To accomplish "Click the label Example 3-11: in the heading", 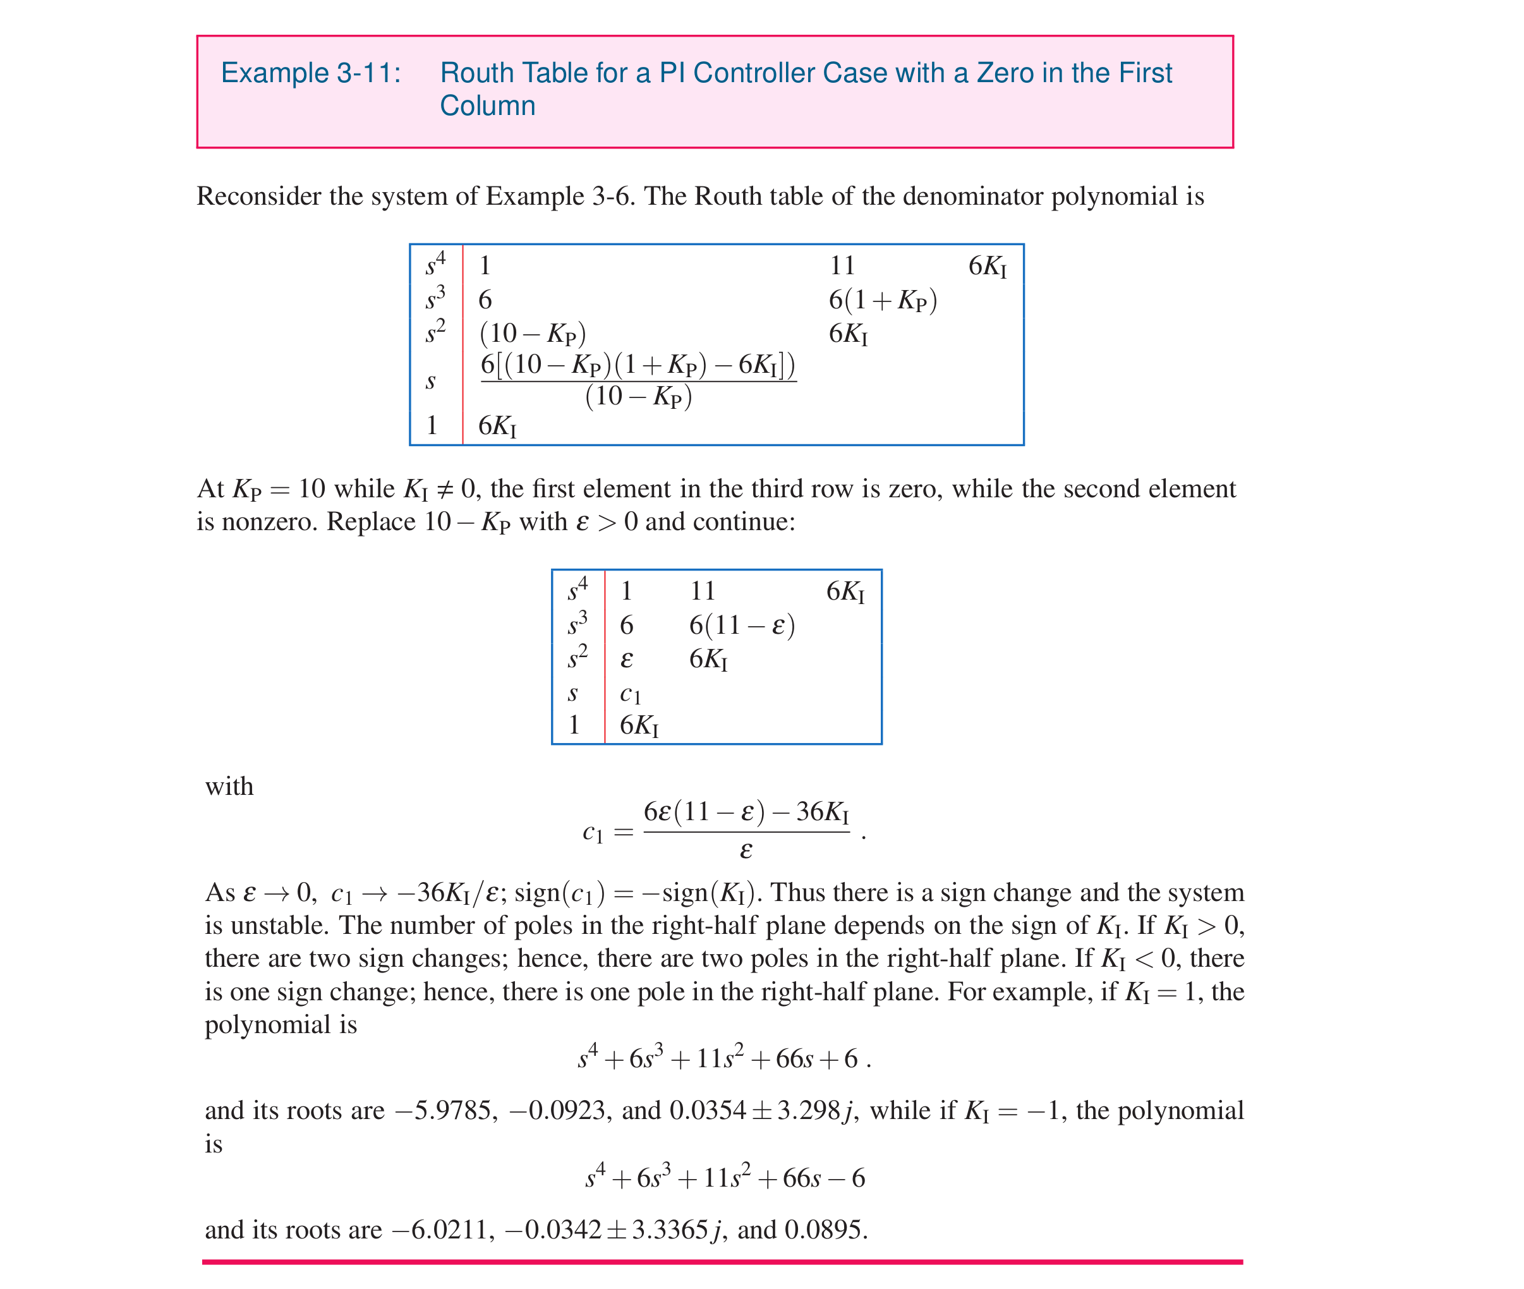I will point(310,73).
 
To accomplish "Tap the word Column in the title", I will point(487,106).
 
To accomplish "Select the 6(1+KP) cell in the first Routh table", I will point(883,300).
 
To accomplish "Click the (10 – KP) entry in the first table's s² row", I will point(533,333).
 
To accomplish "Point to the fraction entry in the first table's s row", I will point(638,380).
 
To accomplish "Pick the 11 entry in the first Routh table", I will point(842,265).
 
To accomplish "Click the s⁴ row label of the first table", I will point(435,263).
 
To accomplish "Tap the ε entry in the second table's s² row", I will point(626,659).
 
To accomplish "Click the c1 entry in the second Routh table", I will point(630,693).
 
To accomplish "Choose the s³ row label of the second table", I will point(577,623).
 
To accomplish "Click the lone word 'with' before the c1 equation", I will point(229,786).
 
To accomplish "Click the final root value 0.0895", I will point(826,1230).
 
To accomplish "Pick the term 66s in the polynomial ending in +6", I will point(794,1058).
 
